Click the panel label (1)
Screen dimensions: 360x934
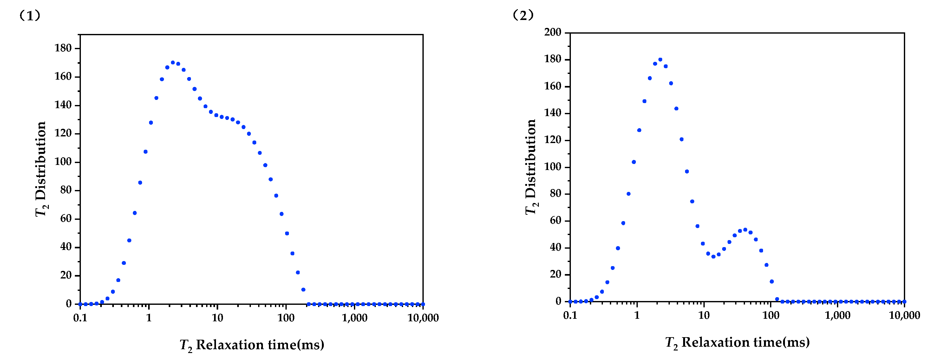30,16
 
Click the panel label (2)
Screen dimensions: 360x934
523,15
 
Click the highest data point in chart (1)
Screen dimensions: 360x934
173,62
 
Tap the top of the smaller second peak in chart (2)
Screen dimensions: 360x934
745,230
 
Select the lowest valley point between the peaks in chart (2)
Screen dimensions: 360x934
713,257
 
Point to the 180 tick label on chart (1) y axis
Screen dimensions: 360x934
63,48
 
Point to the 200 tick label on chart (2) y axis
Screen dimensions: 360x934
552,32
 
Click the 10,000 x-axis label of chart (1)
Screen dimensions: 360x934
423,318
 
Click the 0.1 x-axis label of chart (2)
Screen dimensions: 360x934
570,315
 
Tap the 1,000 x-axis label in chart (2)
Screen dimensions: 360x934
838,315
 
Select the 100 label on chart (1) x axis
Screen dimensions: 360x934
286,318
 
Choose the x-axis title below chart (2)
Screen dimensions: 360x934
737,342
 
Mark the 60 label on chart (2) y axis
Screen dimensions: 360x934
555,220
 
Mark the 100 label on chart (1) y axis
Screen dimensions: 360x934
63,162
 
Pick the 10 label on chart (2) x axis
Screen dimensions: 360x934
704,315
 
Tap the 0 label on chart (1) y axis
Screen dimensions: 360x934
69,304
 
